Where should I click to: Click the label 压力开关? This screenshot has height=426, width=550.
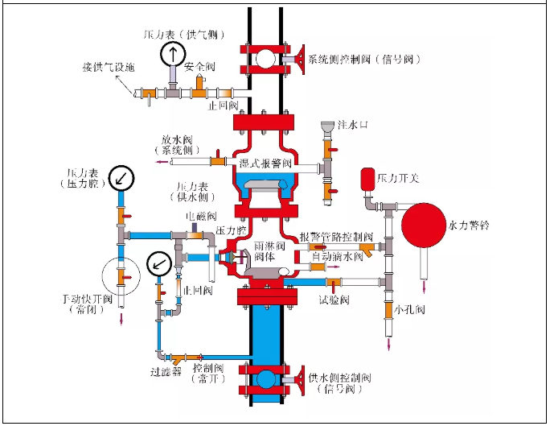pyautogui.click(x=399, y=177)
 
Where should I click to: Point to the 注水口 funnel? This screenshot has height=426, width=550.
pyautogui.click(x=327, y=129)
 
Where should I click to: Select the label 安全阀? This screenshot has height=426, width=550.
pyautogui.click(x=199, y=67)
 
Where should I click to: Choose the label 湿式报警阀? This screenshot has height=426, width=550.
pyautogui.click(x=265, y=163)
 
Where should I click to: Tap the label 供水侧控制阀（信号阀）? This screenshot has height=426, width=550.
pyautogui.click(x=337, y=383)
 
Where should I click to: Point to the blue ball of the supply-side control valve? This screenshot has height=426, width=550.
pyautogui.click(x=265, y=380)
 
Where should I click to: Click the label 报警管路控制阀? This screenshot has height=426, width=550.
pyautogui.click(x=336, y=238)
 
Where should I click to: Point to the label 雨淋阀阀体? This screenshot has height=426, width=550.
pyautogui.click(x=265, y=250)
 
